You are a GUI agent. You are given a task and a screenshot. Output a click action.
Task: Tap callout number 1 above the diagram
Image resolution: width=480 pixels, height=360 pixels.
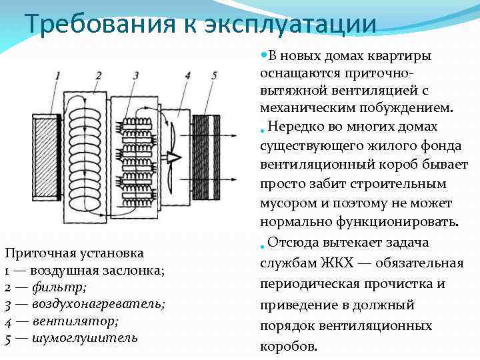click(58, 75)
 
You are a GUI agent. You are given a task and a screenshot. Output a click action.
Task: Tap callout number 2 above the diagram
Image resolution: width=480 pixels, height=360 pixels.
click(98, 75)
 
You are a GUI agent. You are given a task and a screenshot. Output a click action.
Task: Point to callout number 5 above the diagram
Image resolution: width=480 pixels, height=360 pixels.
click(213, 75)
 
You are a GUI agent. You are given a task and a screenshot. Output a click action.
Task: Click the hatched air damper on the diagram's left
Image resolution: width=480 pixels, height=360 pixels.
click(45, 157)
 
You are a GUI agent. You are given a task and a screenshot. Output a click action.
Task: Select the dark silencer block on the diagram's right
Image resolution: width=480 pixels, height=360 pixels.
click(206, 157)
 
